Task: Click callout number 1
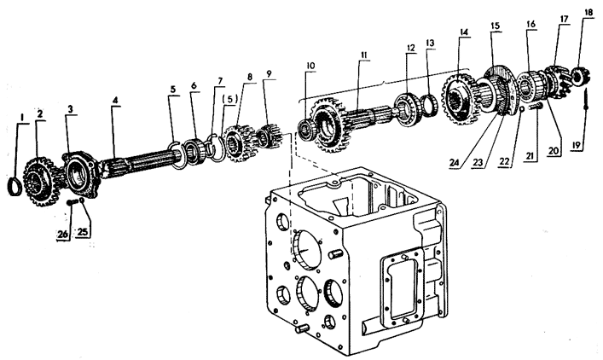click(x=22, y=116)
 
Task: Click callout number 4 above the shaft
click(x=114, y=100)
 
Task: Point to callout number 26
click(x=63, y=234)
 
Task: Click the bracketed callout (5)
click(x=230, y=98)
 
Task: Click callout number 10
click(x=310, y=66)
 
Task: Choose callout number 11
click(x=363, y=55)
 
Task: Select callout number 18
click(x=589, y=12)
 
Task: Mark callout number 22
click(x=504, y=161)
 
